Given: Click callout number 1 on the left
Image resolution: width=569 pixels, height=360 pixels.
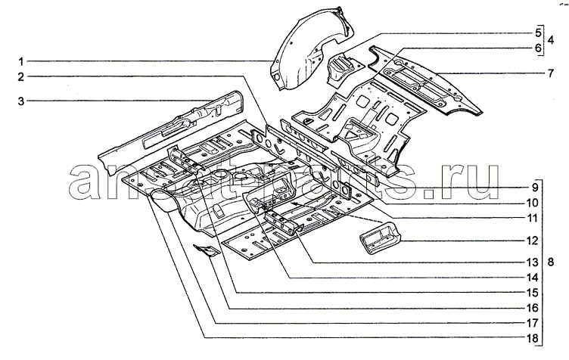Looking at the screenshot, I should tap(22, 60).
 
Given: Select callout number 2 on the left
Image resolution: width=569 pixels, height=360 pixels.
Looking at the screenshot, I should tap(22, 76).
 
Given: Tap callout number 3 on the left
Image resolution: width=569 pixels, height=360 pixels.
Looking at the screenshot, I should tap(22, 101).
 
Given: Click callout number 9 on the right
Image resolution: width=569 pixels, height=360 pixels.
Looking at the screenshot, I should tap(533, 187).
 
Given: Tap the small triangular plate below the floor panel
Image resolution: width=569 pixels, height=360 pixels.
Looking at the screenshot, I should tap(207, 250).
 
